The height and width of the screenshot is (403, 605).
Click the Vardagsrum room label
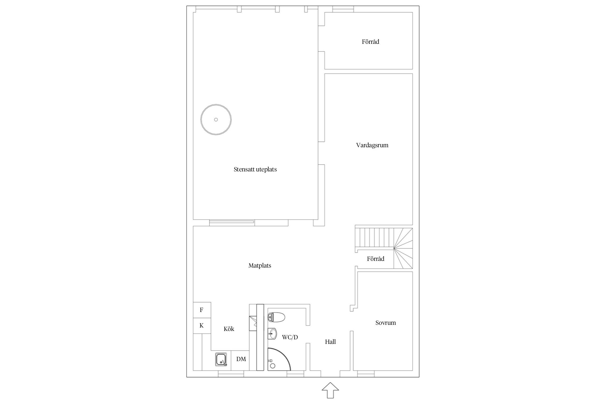pos(372,145)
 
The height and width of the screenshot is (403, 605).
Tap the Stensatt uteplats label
pos(255,170)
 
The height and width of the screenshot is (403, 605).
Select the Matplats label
pos(260,266)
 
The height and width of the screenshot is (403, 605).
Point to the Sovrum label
pos(386,323)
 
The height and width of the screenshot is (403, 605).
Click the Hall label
pos(330,342)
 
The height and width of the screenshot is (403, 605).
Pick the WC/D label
pos(290,337)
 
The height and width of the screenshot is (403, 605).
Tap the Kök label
pos(229,329)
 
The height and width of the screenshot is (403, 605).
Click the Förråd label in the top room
pos(371,42)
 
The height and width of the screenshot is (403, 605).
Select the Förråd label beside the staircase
pos(376,259)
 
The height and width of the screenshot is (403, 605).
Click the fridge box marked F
pos(202,310)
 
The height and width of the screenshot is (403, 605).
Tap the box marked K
pos(202,326)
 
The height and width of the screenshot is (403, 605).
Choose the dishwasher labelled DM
pos(241,359)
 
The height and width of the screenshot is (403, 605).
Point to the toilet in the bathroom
pos(276,317)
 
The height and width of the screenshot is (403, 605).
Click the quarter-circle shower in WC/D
pos(279,359)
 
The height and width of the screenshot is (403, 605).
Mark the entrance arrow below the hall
pos(330,390)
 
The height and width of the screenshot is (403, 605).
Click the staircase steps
pos(384,248)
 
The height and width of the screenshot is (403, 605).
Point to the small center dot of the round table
pos(216,120)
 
